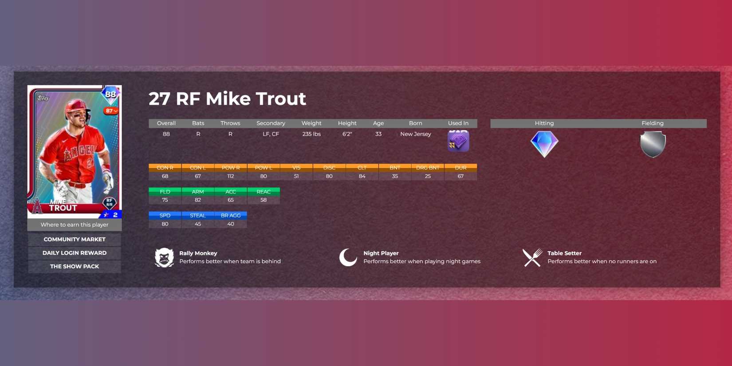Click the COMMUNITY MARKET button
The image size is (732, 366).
click(x=75, y=240)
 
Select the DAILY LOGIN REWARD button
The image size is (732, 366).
click(x=75, y=253)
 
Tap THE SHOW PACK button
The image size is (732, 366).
click(x=75, y=267)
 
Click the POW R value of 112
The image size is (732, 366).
click(x=231, y=176)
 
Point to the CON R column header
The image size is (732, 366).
click(x=165, y=168)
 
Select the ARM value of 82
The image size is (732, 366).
click(x=198, y=200)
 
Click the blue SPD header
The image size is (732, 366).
click(x=165, y=216)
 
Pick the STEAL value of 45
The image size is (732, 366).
click(x=198, y=224)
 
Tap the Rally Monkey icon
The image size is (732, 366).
click(x=164, y=257)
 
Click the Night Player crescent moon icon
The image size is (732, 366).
click(x=348, y=257)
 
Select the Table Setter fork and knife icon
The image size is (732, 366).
click(x=532, y=257)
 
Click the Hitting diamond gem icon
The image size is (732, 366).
click(x=544, y=144)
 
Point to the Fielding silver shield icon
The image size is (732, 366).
click(x=653, y=144)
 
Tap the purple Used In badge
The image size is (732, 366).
click(x=458, y=141)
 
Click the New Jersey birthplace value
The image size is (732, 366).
click(x=416, y=134)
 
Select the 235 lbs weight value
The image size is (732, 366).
click(x=311, y=134)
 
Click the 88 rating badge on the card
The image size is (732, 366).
click(x=110, y=94)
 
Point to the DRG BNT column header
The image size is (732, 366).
click(x=428, y=168)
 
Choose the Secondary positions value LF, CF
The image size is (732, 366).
click(x=271, y=134)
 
